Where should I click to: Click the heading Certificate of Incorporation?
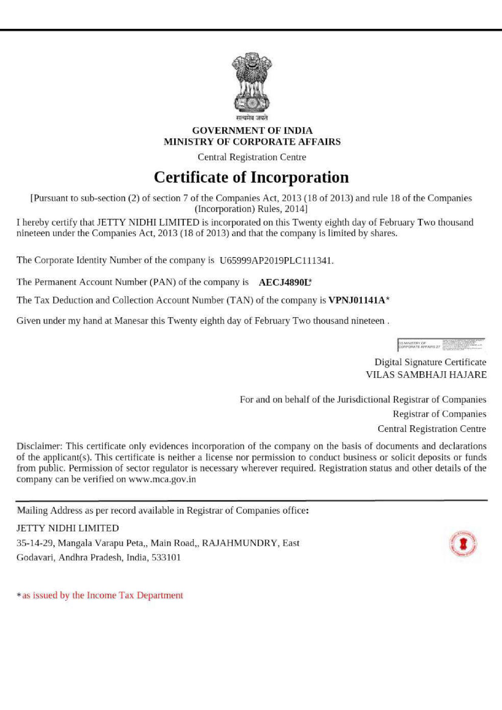[251, 178]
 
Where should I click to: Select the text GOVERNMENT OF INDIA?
[252, 131]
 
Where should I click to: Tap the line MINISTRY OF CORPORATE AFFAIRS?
[252, 142]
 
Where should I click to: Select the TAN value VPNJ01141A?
[356, 300]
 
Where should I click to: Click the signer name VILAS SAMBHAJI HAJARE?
[426, 375]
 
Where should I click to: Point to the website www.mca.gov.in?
[162, 480]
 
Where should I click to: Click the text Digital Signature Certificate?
[430, 362]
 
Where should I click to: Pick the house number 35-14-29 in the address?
[35, 543]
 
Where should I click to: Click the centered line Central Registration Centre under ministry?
[252, 157]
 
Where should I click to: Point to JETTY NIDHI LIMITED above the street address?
[67, 528]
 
